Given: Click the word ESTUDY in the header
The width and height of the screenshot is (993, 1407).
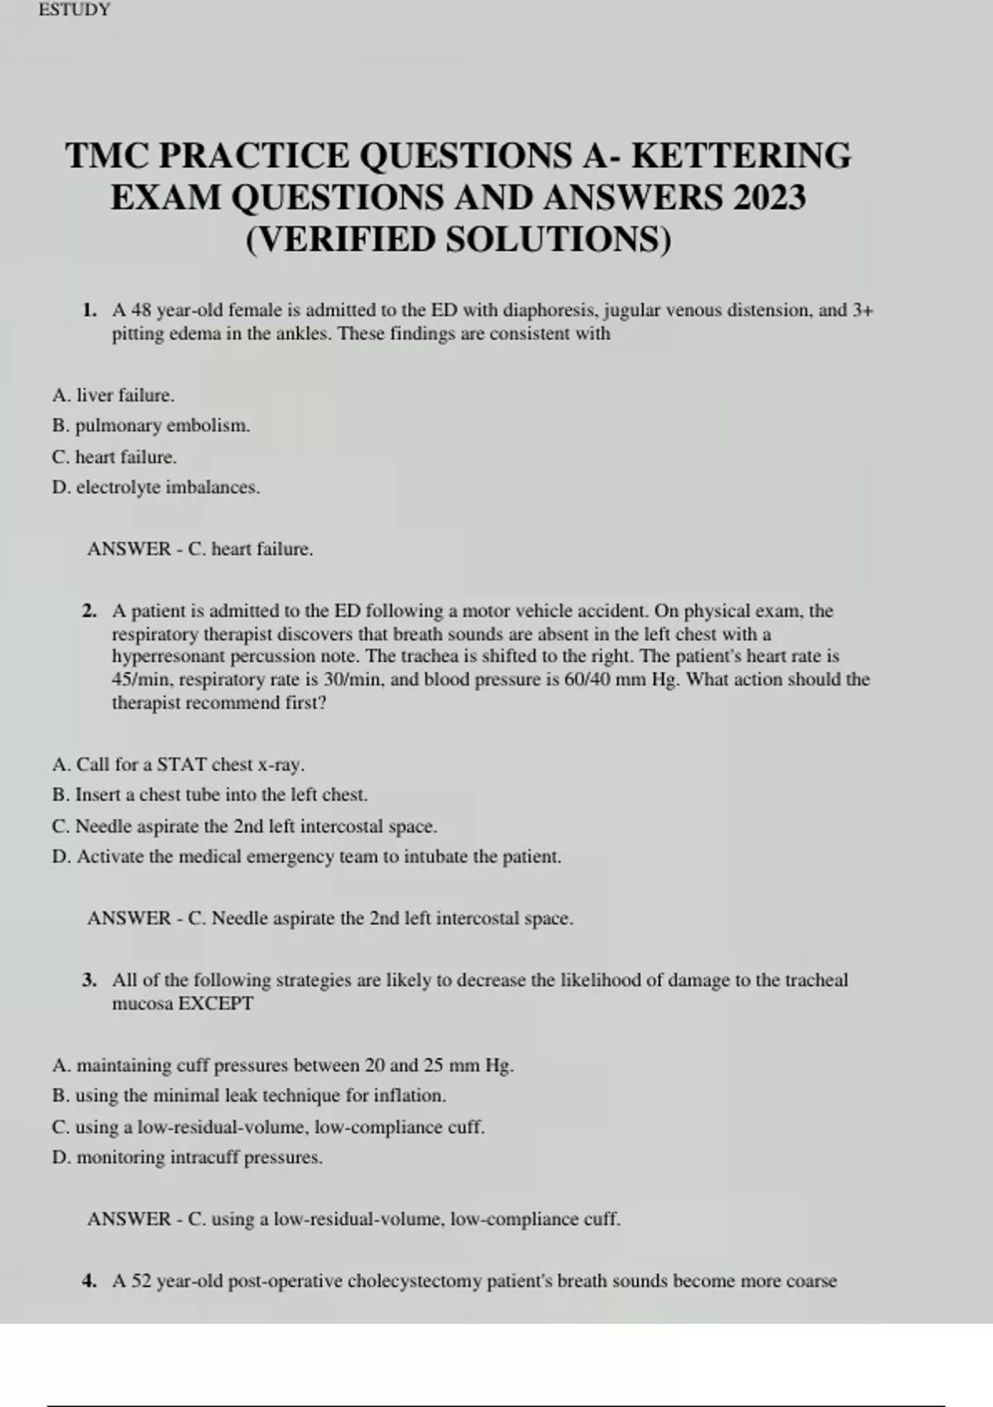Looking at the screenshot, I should point(74,10).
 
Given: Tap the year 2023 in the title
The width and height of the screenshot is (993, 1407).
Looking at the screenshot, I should point(769,198).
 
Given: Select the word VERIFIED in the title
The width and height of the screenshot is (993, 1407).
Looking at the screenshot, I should point(347,240).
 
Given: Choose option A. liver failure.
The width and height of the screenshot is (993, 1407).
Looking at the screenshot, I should point(113,396).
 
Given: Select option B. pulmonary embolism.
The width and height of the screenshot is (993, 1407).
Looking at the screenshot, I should point(151,426).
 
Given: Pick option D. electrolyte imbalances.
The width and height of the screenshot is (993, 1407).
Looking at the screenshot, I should point(156,487).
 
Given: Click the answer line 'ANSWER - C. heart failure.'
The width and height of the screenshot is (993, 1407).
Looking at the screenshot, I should point(200,549).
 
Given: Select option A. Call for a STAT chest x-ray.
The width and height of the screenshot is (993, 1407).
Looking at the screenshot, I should point(178,764).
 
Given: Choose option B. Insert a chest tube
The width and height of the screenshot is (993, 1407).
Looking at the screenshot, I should point(209,795).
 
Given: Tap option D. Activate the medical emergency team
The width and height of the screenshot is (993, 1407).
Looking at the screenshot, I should point(306,857).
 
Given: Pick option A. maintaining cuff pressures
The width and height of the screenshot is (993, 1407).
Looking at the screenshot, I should point(283,1065).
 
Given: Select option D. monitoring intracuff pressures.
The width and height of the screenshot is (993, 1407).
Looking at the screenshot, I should point(187,1157).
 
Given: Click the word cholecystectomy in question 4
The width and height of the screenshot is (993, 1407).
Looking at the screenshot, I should point(414,1281).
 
